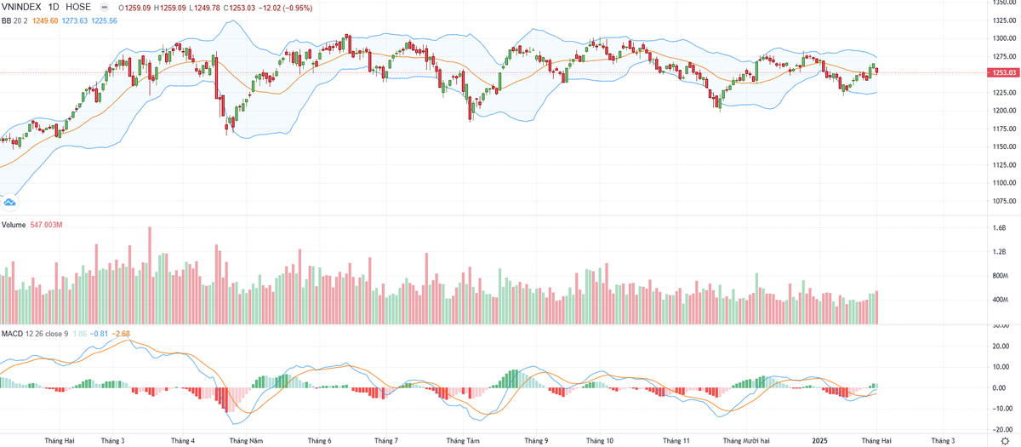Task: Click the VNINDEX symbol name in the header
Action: pos(25,7)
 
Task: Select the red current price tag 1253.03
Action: pos(1002,73)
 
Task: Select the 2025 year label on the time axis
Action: pos(819,440)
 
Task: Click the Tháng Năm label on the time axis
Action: pos(245,440)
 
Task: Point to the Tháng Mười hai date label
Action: pos(746,440)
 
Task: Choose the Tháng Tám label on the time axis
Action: pos(463,440)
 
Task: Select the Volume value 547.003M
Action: pos(48,226)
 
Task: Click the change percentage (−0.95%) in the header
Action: pos(297,8)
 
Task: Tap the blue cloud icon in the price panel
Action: pos(10,203)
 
